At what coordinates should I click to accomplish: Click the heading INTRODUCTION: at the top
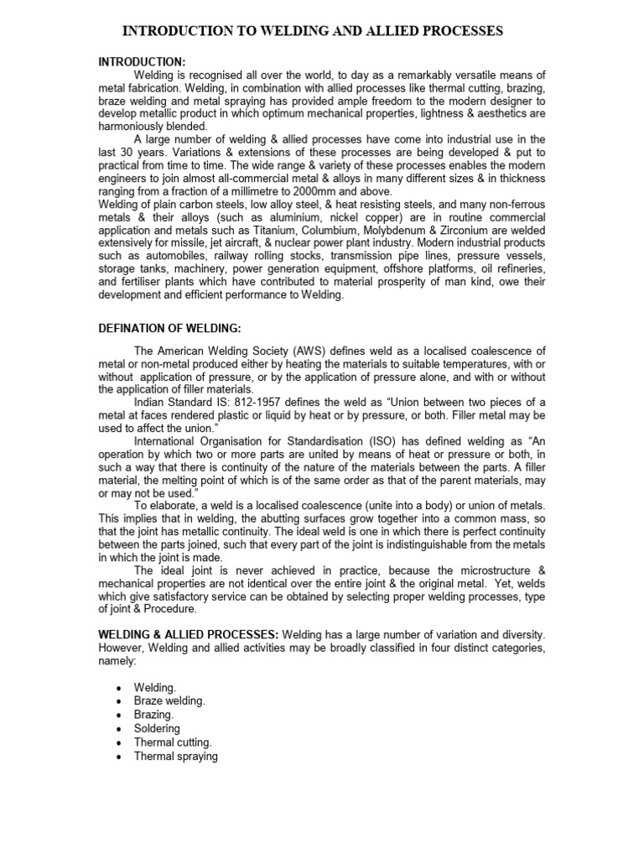(x=142, y=62)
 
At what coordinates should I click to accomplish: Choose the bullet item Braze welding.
(x=169, y=700)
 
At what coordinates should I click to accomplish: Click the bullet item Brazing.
(x=154, y=714)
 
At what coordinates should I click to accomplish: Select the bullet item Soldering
(x=157, y=728)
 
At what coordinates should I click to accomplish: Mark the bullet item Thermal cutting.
(x=173, y=742)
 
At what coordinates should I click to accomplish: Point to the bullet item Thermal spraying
(x=175, y=756)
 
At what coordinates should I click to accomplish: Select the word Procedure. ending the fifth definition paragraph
(x=170, y=609)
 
